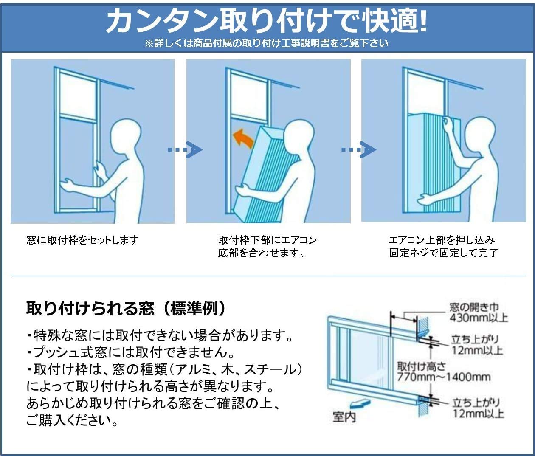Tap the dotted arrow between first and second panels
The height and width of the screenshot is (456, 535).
pyautogui.click(x=185, y=149)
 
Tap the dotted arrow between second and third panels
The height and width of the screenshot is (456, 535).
pyautogui.click(x=359, y=149)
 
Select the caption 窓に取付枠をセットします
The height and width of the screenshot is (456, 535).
pyautogui.click(x=82, y=240)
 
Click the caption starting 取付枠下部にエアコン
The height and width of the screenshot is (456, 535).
pyautogui.click(x=267, y=240)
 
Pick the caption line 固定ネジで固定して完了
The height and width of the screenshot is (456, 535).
pyautogui.click(x=443, y=253)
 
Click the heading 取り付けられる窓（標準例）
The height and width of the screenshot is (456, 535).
pyautogui.click(x=126, y=309)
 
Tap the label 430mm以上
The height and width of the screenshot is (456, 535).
pyautogui.click(x=479, y=318)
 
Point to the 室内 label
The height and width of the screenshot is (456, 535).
pyautogui.click(x=344, y=417)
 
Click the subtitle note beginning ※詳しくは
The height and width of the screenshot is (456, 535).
pyautogui.click(x=267, y=43)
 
